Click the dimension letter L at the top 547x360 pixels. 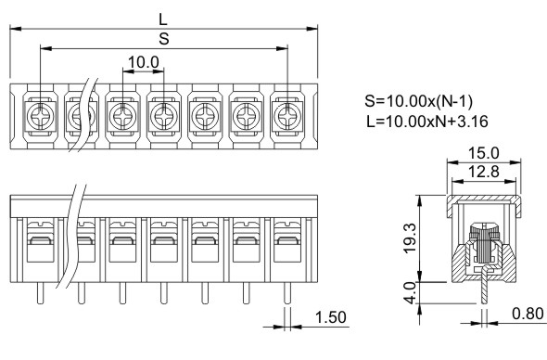tap(163, 19)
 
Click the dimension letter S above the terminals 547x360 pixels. tap(164, 39)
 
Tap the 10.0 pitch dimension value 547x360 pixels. tap(144, 62)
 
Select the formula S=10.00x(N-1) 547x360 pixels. tap(419, 101)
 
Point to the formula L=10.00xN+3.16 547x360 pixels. tap(427, 122)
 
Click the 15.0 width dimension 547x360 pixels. tap(484, 153)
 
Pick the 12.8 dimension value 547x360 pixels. tap(484, 172)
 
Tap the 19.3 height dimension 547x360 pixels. tap(410, 238)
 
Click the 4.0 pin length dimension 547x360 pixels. tap(410, 292)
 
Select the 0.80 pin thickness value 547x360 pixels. tap(528, 314)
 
